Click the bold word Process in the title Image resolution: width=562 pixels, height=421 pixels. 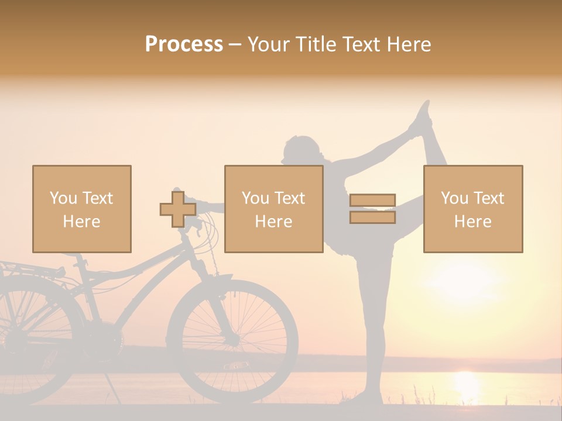point(184,44)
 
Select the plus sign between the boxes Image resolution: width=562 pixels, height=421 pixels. point(178,209)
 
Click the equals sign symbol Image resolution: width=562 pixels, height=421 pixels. point(373,209)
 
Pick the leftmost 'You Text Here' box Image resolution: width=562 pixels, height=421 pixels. point(82,209)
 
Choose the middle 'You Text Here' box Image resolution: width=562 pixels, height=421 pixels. point(274,209)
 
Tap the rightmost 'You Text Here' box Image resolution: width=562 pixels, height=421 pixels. point(473,209)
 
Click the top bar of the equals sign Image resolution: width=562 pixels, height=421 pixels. point(373,200)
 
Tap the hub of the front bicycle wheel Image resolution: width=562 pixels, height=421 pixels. point(233,339)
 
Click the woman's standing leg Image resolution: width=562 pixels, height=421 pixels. point(375,327)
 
